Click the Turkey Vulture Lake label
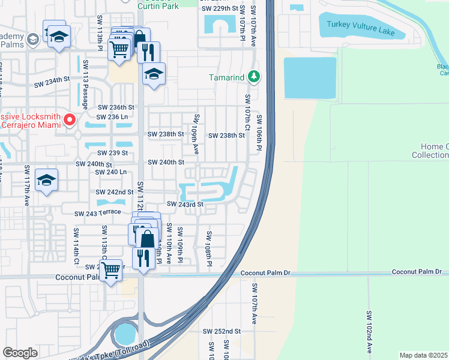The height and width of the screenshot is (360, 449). pos(361,28)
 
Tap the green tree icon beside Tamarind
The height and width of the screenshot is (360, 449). pos(255,77)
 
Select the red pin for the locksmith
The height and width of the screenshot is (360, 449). pos(70,121)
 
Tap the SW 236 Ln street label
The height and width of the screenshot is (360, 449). pos(113,117)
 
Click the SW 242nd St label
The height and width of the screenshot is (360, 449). pos(115,192)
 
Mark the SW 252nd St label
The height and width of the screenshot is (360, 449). pos(221,331)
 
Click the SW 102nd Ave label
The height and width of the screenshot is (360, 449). pos(369,332)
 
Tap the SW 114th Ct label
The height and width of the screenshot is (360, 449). pos(76,246)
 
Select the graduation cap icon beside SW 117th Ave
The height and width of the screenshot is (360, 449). pos(47,180)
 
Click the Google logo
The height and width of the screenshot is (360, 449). pos(20,352)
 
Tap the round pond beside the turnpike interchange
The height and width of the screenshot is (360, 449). pos(125,334)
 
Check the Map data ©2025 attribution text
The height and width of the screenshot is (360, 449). pos(423,355)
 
